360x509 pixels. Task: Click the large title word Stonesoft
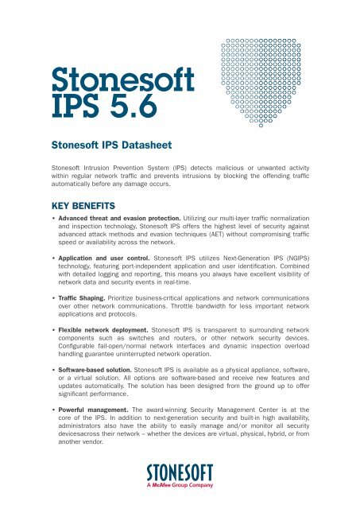(x=101, y=81)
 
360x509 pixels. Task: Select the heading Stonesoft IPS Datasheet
(x=109, y=146)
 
